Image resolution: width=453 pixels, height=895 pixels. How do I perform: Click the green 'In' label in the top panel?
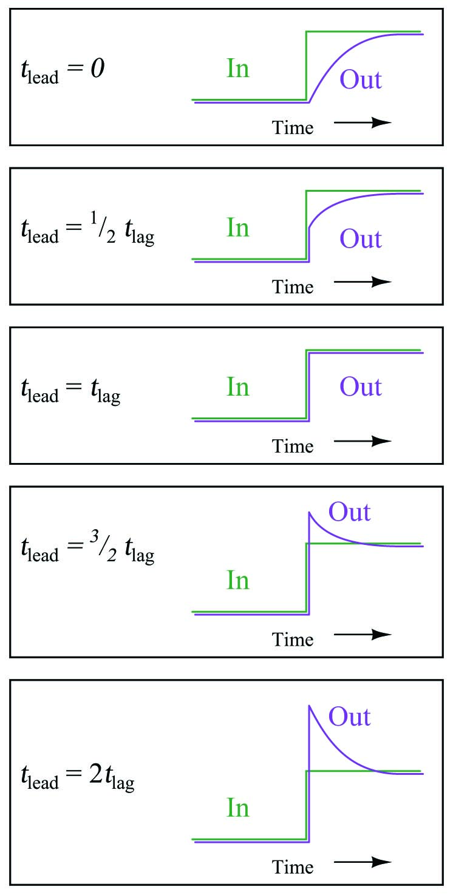click(x=238, y=69)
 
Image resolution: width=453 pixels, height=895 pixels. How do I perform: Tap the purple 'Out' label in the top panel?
click(x=361, y=79)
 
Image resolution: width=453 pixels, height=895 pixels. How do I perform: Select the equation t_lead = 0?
click(x=63, y=71)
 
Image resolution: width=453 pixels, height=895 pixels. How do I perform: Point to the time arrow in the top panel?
click(x=363, y=122)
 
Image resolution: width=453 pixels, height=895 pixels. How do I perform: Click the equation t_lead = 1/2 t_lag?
click(x=87, y=229)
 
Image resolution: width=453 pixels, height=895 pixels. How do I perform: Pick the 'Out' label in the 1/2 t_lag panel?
click(x=361, y=238)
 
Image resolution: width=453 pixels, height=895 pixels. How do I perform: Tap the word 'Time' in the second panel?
click(x=293, y=287)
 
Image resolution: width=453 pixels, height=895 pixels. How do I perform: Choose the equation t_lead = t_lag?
click(x=71, y=391)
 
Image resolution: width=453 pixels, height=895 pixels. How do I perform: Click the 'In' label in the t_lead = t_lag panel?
click(x=238, y=387)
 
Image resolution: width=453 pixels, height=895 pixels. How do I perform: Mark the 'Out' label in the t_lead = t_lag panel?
click(x=361, y=387)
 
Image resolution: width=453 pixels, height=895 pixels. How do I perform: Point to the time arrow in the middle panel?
click(x=363, y=441)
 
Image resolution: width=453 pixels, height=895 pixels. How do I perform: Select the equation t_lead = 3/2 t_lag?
click(x=87, y=547)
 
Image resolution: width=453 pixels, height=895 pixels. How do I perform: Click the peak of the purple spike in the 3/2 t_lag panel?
click(x=309, y=512)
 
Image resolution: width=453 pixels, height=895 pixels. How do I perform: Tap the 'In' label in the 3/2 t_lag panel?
click(x=238, y=580)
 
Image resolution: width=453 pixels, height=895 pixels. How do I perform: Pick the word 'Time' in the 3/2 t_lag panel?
click(x=293, y=640)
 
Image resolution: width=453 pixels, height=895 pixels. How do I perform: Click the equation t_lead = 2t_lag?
click(x=78, y=777)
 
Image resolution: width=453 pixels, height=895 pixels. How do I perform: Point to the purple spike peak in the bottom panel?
click(x=309, y=706)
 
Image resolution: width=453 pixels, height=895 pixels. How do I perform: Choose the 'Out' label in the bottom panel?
click(x=349, y=717)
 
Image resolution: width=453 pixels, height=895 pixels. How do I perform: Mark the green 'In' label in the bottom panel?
click(x=238, y=808)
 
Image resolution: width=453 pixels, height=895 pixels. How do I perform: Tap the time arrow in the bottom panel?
click(x=363, y=862)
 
